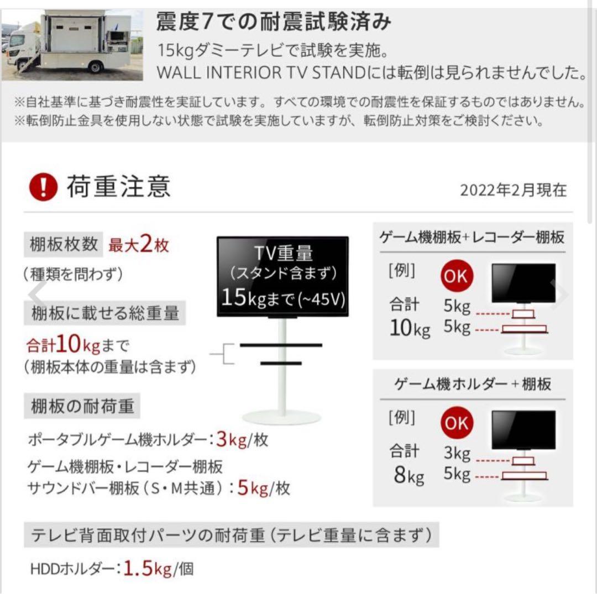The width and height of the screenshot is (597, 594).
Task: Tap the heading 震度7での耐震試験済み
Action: [274, 22]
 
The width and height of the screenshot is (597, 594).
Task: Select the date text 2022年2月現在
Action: [513, 190]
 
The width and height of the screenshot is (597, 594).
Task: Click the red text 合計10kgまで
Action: [77, 346]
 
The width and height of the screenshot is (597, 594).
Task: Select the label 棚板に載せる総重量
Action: [105, 313]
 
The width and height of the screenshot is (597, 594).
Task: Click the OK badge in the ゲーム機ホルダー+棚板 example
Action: [457, 424]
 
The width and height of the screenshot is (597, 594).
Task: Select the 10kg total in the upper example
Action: [410, 328]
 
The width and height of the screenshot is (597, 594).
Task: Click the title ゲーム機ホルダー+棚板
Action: [473, 384]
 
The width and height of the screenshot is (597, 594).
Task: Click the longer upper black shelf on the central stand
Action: [281, 345]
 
